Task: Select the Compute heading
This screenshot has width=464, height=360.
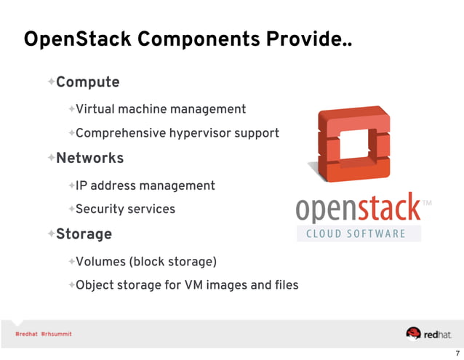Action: (87, 82)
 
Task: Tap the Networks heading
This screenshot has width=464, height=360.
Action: (89, 158)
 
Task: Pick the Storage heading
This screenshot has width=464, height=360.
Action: (84, 234)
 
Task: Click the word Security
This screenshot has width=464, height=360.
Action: (100, 209)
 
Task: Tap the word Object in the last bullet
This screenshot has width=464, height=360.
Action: (96, 284)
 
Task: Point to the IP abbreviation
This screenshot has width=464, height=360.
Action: (81, 185)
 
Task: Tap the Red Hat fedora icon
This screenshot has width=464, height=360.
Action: (413, 333)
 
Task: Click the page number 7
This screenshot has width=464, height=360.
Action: (456, 353)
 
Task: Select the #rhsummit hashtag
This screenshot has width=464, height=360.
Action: (56, 334)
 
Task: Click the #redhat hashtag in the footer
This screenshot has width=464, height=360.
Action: (25, 334)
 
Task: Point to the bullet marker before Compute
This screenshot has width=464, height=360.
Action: (51, 81)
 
